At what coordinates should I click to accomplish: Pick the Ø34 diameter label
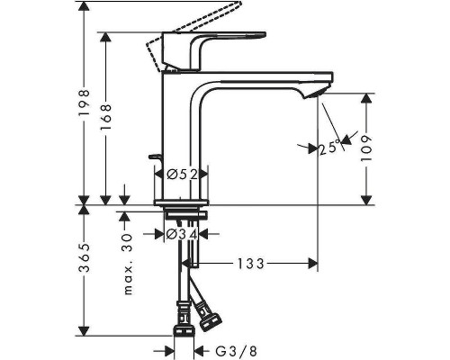coord(184,235)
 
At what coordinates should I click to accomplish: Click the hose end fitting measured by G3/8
coord(184,320)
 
